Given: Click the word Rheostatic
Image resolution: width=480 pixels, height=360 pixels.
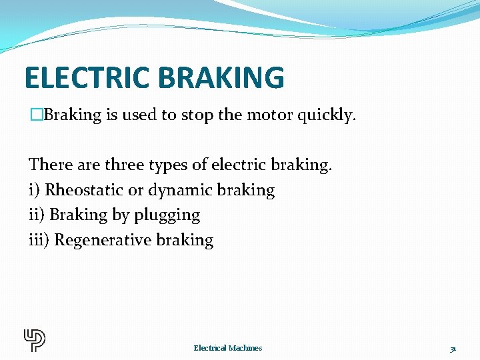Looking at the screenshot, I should point(84,190).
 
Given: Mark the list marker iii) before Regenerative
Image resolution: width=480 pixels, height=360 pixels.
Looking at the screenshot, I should point(39,240).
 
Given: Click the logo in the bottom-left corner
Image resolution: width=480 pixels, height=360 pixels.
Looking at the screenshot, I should point(35,340).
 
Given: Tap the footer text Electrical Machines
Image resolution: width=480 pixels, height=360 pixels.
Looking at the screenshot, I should point(228,348).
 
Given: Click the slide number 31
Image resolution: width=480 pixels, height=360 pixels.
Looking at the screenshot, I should point(453,349).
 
